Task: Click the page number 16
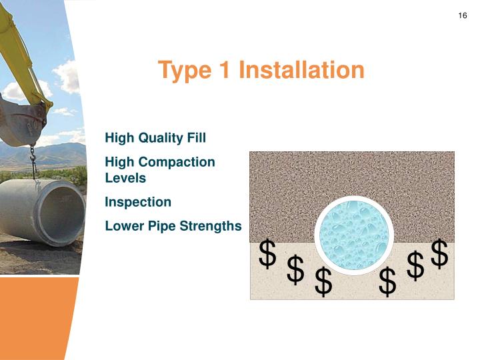click(463, 16)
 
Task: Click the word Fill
click(194, 138)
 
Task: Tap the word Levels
click(125, 178)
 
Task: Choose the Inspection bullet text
click(138, 202)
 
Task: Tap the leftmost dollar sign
click(267, 254)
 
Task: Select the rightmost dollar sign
click(439, 253)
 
